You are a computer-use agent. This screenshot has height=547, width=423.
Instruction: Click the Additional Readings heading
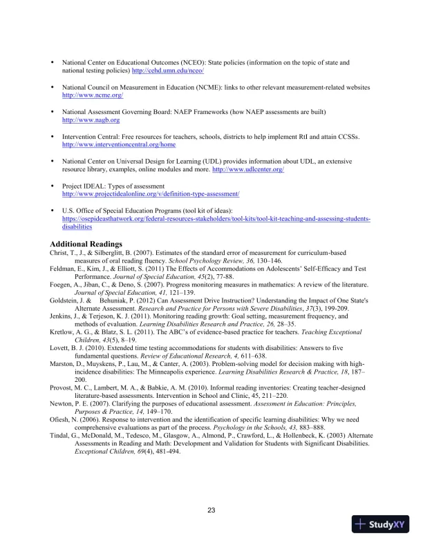click(x=86, y=244)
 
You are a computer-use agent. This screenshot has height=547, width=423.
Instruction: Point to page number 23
click(x=211, y=510)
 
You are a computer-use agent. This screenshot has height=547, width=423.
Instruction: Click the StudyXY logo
click(x=380, y=524)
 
